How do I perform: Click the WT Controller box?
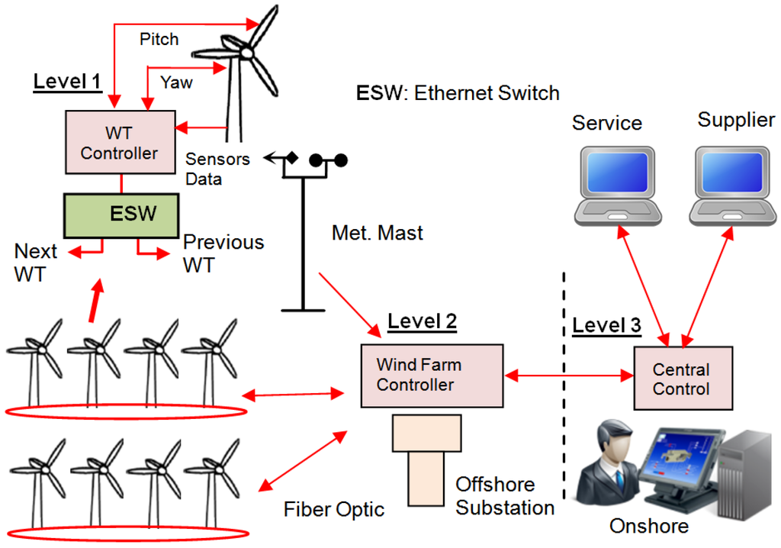pos(119,143)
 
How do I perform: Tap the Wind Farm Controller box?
pos(432,376)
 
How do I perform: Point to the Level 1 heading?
pos(68,82)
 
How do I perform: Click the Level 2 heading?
pos(422,321)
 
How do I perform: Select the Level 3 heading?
pos(606,325)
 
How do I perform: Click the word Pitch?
pos(159,39)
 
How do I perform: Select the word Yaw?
pos(176,82)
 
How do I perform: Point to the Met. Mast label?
pos(378,232)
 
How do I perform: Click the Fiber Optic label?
pos(334,509)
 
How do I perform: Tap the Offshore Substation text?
pos(504,496)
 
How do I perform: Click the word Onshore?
pos(648,527)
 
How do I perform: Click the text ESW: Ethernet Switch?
pos(458,93)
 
